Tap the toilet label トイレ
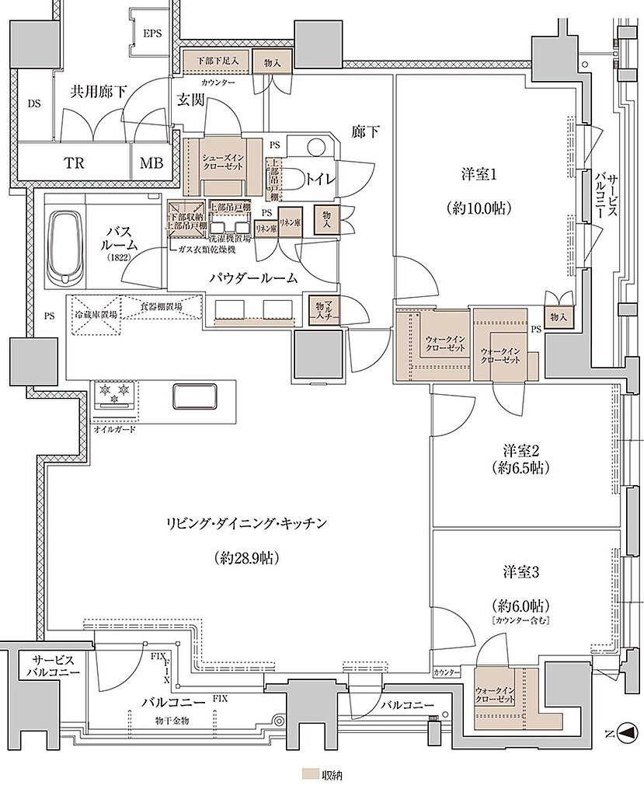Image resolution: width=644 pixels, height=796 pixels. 321,178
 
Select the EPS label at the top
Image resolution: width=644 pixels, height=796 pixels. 153,33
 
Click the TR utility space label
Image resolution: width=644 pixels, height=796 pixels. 74,163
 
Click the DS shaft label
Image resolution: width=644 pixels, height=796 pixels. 34,103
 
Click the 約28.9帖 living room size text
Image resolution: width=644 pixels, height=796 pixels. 246,557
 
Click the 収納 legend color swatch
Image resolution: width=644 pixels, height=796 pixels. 309,775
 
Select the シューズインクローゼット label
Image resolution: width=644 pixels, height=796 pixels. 223,162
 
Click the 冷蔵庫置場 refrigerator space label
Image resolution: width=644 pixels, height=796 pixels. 96,314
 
